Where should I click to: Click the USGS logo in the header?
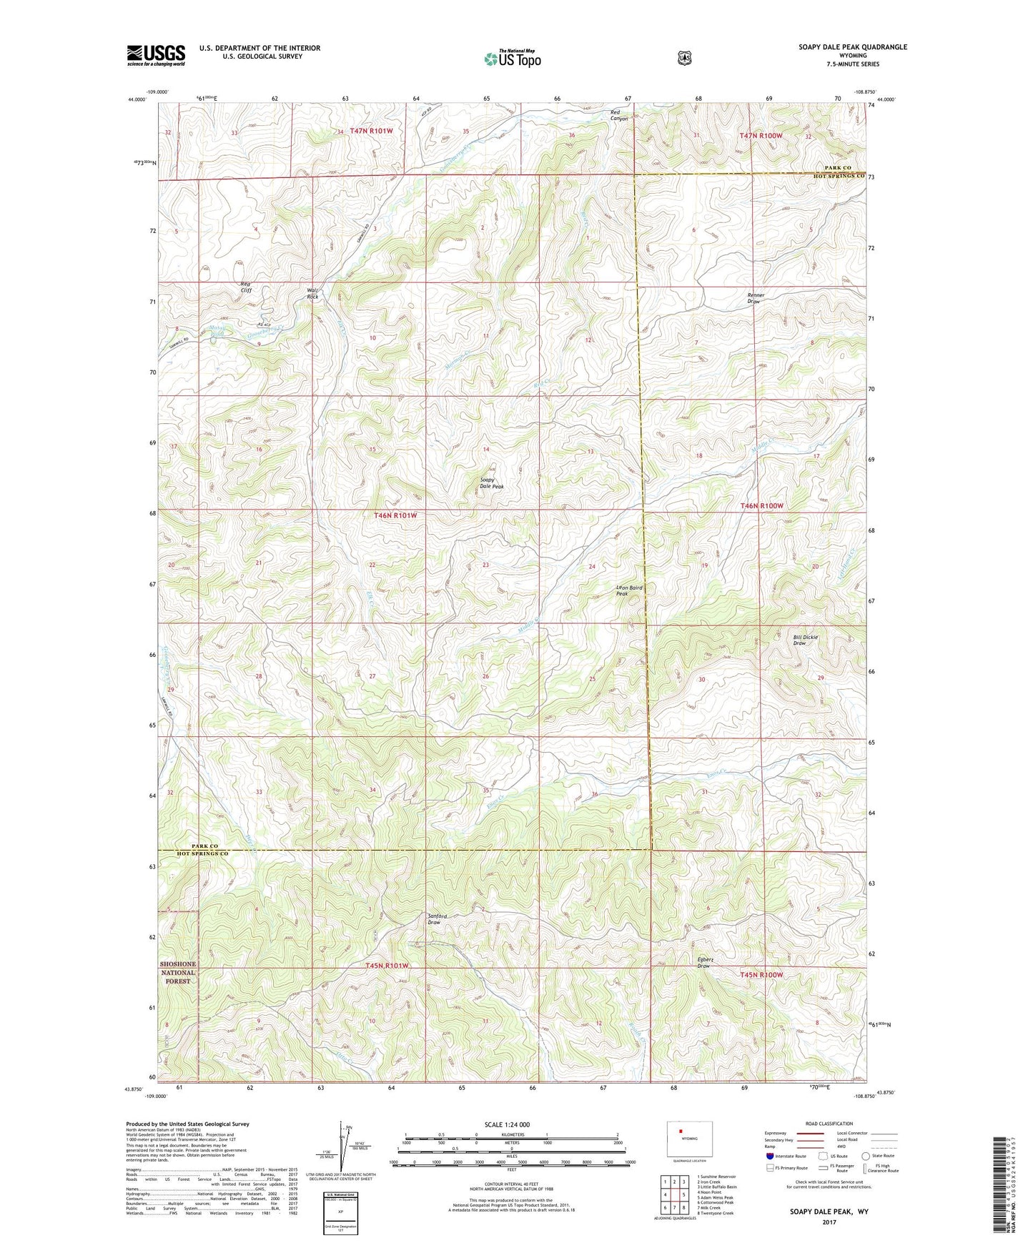156,55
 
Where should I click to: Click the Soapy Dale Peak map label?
491,483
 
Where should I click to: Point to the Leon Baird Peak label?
629,590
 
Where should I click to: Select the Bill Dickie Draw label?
805,640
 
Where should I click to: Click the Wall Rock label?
312,293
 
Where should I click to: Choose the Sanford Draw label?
437,919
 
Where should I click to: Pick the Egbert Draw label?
703,962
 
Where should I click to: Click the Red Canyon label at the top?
618,115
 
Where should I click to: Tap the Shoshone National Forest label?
178,972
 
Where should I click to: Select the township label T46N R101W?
395,515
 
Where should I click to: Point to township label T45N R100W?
761,974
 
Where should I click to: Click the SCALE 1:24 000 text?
507,1124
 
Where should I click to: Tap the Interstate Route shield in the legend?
769,1156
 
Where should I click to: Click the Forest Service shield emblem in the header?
685,57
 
